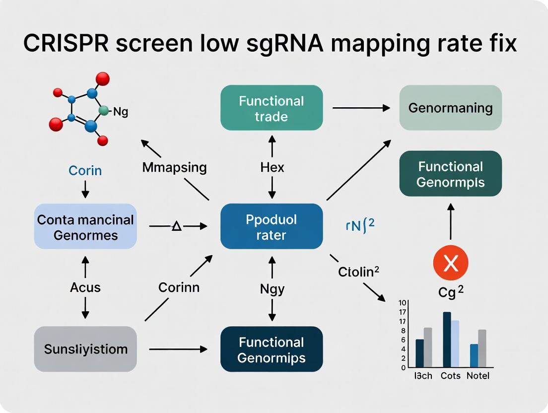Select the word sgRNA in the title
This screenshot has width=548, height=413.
coord(264,44)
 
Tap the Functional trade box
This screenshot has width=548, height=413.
coord(272,108)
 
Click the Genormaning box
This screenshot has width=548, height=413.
coord(450,108)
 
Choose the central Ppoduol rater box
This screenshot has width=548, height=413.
coord(272,226)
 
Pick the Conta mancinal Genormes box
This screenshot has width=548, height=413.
coord(85,226)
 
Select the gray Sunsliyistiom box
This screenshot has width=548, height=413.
coord(85,349)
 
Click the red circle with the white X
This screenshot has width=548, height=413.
coord(450,263)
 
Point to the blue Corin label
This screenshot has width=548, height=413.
coord(85,171)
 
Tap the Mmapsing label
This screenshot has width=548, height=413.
coord(174,167)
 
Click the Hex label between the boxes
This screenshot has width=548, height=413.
coord(272,167)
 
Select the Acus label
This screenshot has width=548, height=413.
coord(85,287)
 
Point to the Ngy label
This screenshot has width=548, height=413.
coord(272,289)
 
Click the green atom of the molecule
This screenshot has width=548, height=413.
coord(103,111)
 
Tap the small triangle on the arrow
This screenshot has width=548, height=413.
coord(177,226)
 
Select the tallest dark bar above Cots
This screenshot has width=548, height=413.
coord(447,340)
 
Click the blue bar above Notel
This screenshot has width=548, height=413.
coord(474,355)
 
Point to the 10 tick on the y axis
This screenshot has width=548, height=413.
coord(403,303)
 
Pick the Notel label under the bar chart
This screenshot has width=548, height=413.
coord(478,376)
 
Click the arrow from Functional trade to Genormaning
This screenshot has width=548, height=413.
coord(361,108)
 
